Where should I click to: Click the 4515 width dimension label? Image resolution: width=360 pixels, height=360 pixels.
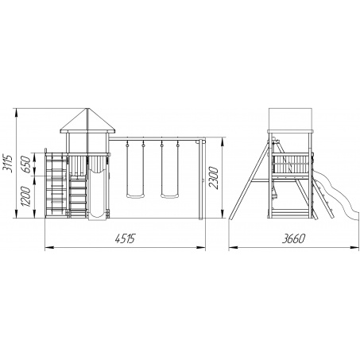[125, 238]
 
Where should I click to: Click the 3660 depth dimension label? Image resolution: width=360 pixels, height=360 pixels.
[293, 238]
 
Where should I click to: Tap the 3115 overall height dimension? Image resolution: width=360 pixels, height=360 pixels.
[8, 163]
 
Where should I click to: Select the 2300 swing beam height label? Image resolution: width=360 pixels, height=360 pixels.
[214, 177]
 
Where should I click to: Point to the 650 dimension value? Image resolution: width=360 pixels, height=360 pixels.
[27, 165]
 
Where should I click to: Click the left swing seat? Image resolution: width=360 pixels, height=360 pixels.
[136, 196]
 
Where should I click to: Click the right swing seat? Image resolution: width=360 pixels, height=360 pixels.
[170, 196]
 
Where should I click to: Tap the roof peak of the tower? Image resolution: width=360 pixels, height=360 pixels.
[87, 108]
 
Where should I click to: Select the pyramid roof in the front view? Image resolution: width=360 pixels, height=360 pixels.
[87, 121]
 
